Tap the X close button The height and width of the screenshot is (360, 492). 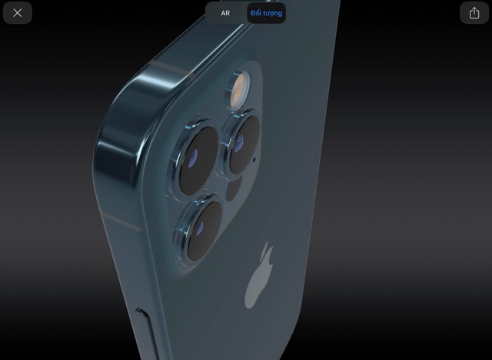[18, 13]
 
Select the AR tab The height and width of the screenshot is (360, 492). [225, 13]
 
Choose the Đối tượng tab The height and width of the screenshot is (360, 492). [266, 13]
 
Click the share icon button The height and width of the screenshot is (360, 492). [474, 13]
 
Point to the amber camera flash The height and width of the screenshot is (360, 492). [238, 89]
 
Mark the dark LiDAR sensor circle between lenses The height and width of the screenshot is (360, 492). [234, 188]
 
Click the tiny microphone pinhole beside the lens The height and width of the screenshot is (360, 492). [254, 160]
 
